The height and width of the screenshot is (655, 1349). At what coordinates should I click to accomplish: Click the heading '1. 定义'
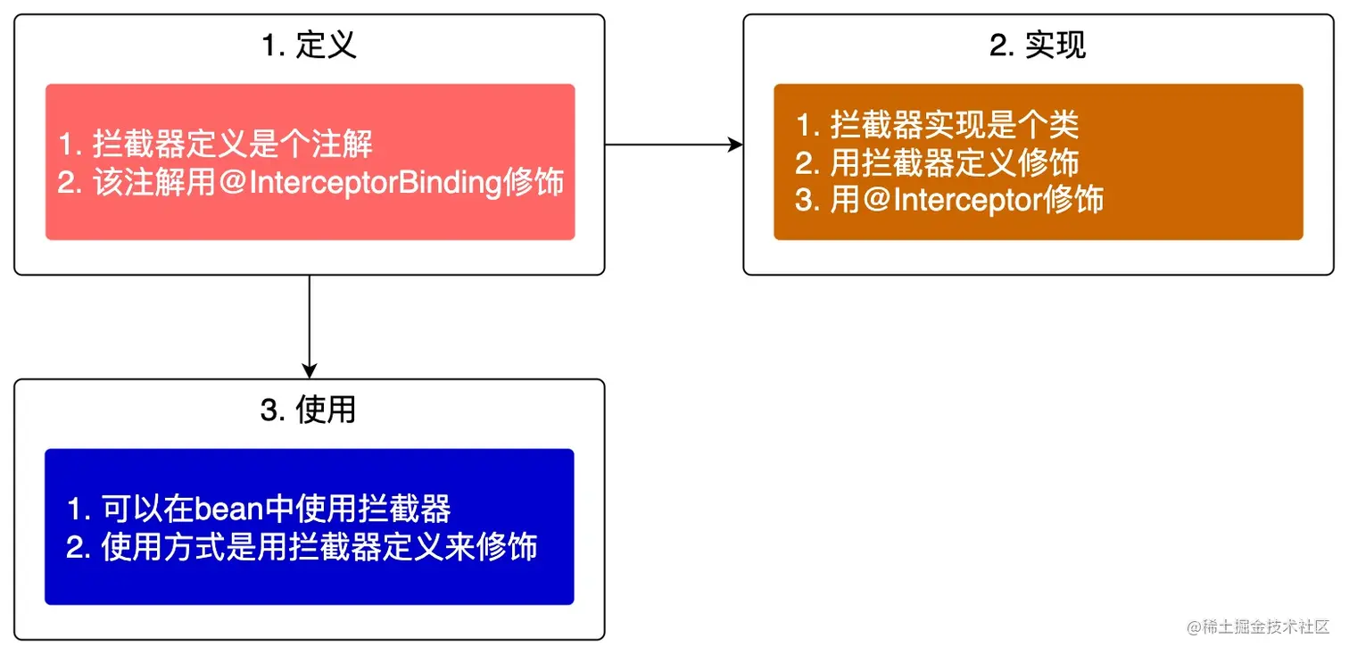coord(309,46)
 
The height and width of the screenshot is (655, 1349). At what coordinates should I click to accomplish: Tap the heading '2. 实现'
coord(1038,46)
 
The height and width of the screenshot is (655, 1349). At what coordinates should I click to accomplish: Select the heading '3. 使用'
coord(309,410)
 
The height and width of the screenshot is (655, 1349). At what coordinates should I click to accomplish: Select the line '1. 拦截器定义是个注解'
coord(215,144)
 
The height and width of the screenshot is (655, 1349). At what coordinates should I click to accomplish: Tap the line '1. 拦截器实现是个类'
coord(937,125)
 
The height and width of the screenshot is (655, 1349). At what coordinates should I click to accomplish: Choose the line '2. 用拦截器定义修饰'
coord(937,162)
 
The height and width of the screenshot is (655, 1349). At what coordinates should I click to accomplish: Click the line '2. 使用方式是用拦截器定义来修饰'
coord(302,546)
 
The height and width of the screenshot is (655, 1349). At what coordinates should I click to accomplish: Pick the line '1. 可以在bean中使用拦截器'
coord(259,509)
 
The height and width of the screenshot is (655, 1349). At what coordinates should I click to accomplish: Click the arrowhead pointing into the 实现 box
coord(735,145)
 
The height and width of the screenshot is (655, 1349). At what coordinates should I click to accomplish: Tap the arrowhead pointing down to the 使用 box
coord(310,370)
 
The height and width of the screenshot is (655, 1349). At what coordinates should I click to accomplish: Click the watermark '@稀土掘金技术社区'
coord(1258,626)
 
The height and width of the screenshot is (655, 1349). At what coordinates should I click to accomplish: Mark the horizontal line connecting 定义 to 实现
coord(669,145)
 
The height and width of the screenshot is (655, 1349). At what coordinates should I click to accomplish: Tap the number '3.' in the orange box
coord(807,200)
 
